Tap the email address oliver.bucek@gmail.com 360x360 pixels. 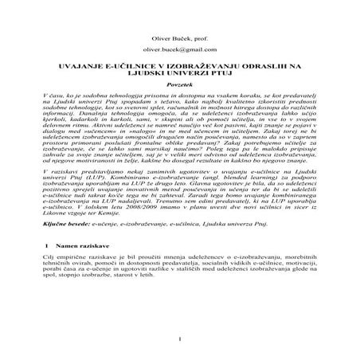pyautogui.click(x=181, y=51)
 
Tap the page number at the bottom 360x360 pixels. pyautogui.click(x=181, y=344)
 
